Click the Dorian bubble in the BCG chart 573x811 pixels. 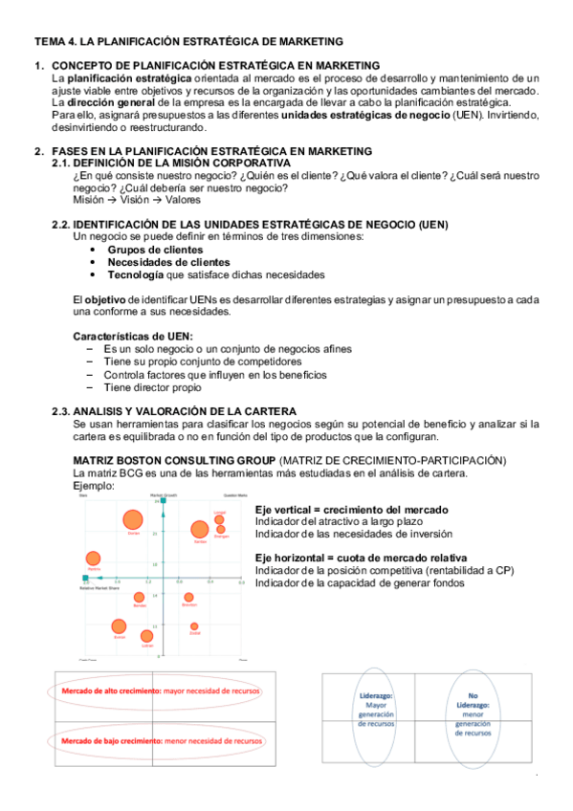[x=132, y=520]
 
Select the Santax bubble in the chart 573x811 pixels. [x=199, y=530]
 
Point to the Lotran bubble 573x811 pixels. [x=146, y=636]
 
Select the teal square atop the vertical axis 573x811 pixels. [x=166, y=499]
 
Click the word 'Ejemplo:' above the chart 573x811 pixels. [x=94, y=486]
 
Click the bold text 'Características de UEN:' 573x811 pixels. [x=133, y=336]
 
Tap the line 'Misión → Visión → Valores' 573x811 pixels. [x=137, y=201]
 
